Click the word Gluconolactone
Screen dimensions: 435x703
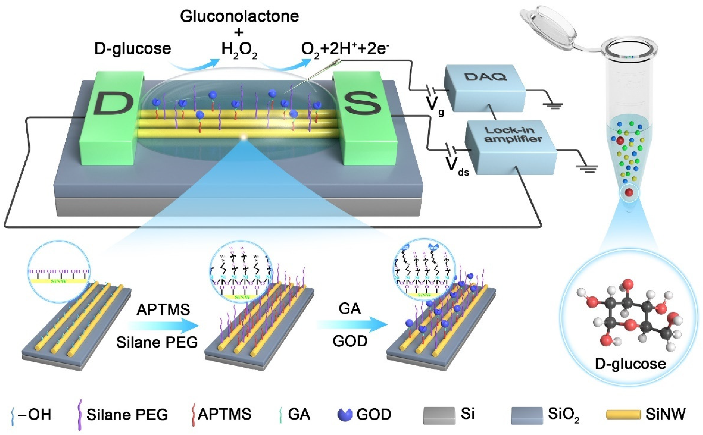pyautogui.click(x=239, y=16)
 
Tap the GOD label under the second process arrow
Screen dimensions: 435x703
pyautogui.click(x=350, y=341)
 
